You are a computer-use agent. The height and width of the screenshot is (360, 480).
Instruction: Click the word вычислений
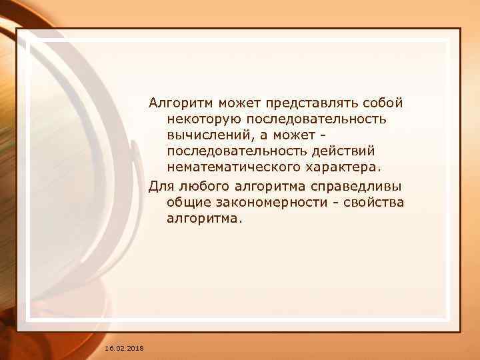(x=208, y=135)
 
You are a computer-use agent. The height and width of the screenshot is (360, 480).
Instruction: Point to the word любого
(x=200, y=185)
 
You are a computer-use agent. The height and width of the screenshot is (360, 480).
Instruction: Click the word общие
(x=189, y=201)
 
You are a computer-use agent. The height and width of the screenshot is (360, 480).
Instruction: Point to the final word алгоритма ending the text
(x=201, y=217)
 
